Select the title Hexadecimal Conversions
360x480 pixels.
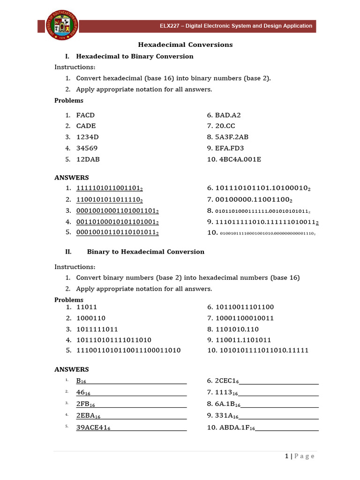click(185, 45)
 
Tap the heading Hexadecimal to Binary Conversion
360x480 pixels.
click(135, 56)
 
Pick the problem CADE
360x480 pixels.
click(86, 126)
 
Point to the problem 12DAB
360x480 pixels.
click(88, 159)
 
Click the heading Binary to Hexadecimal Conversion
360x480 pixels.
click(145, 252)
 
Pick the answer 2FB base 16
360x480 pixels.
click(85, 404)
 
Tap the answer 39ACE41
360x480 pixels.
click(93, 427)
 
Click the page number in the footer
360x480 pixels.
click(285, 456)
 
